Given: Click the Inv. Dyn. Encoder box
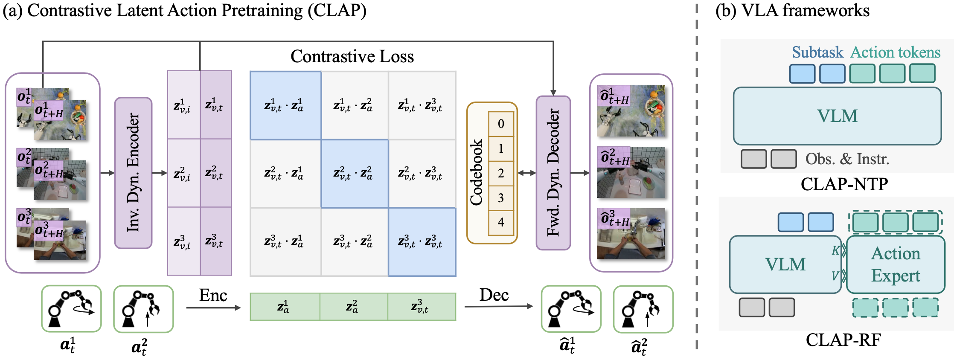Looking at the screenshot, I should [x=133, y=173].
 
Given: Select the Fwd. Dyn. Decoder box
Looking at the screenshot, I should [x=553, y=173].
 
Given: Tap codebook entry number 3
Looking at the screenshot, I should [x=501, y=198].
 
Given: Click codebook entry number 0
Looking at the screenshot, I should [x=501, y=124].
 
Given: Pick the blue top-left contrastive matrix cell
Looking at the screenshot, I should [x=285, y=105].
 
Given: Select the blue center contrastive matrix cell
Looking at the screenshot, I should [x=354, y=174].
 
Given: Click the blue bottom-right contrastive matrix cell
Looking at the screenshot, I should [x=422, y=242].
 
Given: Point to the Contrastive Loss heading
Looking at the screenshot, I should [x=352, y=56].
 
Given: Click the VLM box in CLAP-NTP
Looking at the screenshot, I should [x=837, y=116].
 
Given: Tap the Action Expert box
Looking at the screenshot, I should [x=895, y=264].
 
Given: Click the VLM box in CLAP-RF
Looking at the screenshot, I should [x=785, y=264].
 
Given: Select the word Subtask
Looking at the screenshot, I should [x=817, y=52].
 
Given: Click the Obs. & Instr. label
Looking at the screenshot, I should [x=847, y=159].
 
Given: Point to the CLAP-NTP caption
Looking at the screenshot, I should [x=844, y=184].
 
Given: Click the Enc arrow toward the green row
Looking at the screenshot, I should [x=213, y=308].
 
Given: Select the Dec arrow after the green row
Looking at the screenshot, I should [x=498, y=306].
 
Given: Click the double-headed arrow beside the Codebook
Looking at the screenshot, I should [x=526, y=173].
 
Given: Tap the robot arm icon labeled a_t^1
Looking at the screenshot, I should [x=71, y=309].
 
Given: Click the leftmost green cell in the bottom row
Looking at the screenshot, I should [x=284, y=307].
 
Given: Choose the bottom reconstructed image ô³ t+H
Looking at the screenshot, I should [x=631, y=234].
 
